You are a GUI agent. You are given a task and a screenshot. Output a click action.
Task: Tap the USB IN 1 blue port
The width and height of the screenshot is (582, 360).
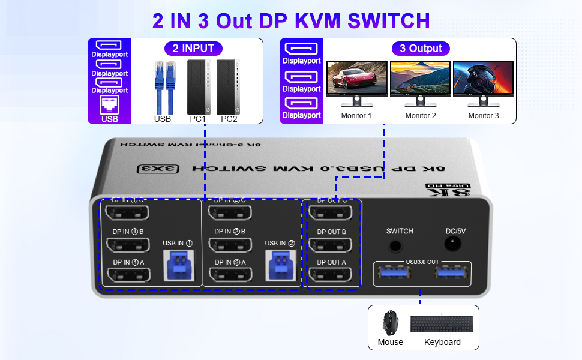[x=177, y=265]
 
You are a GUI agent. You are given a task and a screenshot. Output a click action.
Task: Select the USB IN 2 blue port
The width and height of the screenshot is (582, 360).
[x=280, y=265]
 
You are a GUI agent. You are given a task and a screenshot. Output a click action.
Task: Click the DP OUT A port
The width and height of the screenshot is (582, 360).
[x=332, y=275]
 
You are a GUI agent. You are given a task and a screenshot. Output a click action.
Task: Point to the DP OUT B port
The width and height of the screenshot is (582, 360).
[x=332, y=245]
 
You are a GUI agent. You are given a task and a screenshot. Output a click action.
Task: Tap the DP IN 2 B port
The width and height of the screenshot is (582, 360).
[x=230, y=245]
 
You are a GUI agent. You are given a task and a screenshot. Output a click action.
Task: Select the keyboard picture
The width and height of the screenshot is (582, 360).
[x=442, y=323]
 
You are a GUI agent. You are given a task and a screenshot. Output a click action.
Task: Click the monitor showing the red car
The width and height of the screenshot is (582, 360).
[x=356, y=80]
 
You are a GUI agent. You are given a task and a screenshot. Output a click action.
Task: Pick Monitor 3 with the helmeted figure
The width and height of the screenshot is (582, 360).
[x=484, y=80]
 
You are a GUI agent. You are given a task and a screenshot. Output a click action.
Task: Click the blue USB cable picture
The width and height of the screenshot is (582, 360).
[x=163, y=87]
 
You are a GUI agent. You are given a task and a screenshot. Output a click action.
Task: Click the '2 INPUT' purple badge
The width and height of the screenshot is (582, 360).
[x=193, y=49]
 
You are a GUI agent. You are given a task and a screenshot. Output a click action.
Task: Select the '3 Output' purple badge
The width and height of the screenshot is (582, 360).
[x=421, y=49]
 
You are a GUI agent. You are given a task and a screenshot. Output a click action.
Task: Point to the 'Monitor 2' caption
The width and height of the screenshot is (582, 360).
[x=421, y=116]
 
